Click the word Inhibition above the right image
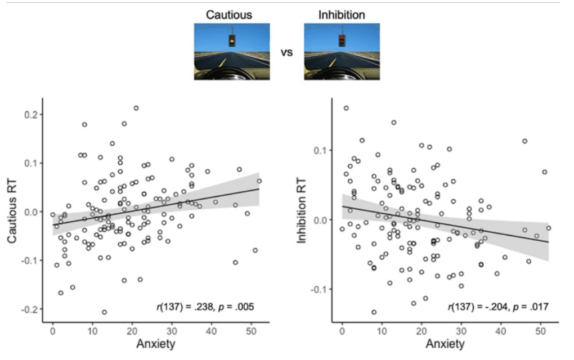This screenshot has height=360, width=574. [x=341, y=14]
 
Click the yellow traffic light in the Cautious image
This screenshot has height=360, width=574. [x=231, y=40]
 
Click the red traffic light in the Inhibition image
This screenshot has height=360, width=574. [x=341, y=40]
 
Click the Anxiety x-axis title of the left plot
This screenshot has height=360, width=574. [x=156, y=344]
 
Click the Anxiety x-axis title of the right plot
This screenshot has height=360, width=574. [x=445, y=344]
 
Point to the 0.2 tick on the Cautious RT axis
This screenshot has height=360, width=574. [x=35, y=115]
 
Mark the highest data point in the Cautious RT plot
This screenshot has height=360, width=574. [x=136, y=108]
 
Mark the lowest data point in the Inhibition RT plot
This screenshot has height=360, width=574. [x=374, y=312]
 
